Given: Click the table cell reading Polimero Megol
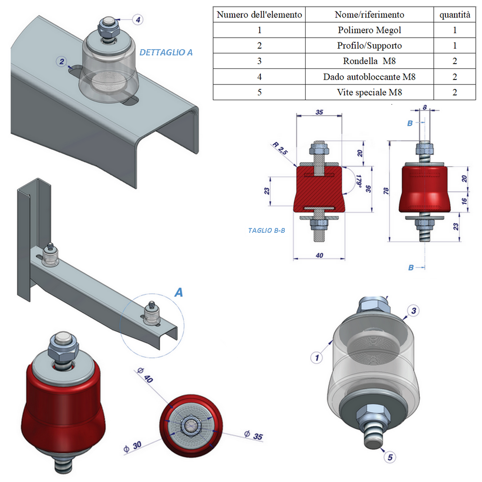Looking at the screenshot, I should pos(369,30).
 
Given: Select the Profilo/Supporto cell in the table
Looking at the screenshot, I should pos(369,46).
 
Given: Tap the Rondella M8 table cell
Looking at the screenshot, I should pos(369,61).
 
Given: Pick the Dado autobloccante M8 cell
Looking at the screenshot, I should pos(369,77).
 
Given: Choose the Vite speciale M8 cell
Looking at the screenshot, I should pos(369,92).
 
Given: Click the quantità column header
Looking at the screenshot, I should pos(455,14).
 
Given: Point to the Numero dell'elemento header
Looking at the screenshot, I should pos(259,14).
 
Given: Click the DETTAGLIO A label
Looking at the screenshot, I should pos(166,53).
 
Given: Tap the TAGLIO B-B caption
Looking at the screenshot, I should pos(267,230).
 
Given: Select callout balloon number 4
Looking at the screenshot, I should pos(138,20).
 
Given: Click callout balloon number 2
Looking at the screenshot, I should pos(62,61).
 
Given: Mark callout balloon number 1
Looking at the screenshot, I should pos(317,358).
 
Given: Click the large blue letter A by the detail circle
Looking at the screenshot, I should pos(178,292).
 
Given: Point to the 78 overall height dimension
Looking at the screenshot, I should pos(386,191).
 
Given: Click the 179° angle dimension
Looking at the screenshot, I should pos(358,182).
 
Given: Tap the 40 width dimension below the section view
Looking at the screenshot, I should pos(320,255).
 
